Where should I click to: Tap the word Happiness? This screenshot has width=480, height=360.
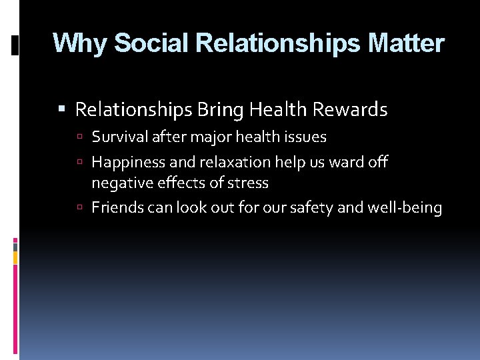click(x=125, y=162)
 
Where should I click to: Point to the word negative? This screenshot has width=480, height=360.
click(x=117, y=183)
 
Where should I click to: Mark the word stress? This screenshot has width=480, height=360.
click(x=249, y=183)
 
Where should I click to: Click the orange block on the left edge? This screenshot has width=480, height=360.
click(x=15, y=257)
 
